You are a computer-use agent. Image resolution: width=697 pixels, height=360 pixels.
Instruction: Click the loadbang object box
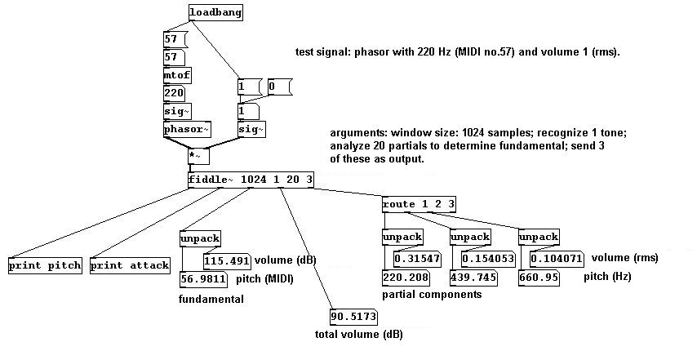pyautogui.click(x=215, y=13)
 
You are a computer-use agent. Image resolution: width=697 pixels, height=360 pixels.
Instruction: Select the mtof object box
pyautogui.click(x=177, y=75)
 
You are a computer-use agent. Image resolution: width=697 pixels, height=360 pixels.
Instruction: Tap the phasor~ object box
pyautogui.click(x=186, y=129)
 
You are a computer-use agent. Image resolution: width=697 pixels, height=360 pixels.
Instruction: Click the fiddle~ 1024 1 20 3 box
pyautogui.click(x=251, y=180)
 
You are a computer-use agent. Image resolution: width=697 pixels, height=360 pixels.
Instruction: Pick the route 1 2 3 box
pyautogui.click(x=419, y=202)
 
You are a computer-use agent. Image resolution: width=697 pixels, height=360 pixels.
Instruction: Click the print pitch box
pyautogui.click(x=44, y=265)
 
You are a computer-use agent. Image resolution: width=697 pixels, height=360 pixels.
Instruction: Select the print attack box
pyautogui.click(x=130, y=265)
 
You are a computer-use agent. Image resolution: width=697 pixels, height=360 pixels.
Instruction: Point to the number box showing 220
pyautogui.click(x=175, y=93)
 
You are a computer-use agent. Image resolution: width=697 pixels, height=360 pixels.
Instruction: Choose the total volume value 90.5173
pyautogui.click(x=354, y=316)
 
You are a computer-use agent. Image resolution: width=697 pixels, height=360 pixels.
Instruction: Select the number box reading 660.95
pyautogui.click(x=539, y=278)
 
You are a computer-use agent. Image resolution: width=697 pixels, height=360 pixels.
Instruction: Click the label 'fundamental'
pyautogui.click(x=211, y=300)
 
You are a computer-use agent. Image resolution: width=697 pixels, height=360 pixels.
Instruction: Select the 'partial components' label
pyautogui.click(x=431, y=295)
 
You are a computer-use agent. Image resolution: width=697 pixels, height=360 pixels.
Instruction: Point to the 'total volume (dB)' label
pyautogui.click(x=358, y=334)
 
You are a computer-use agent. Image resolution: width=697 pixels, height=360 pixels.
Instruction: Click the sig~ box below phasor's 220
pyautogui.click(x=176, y=111)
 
